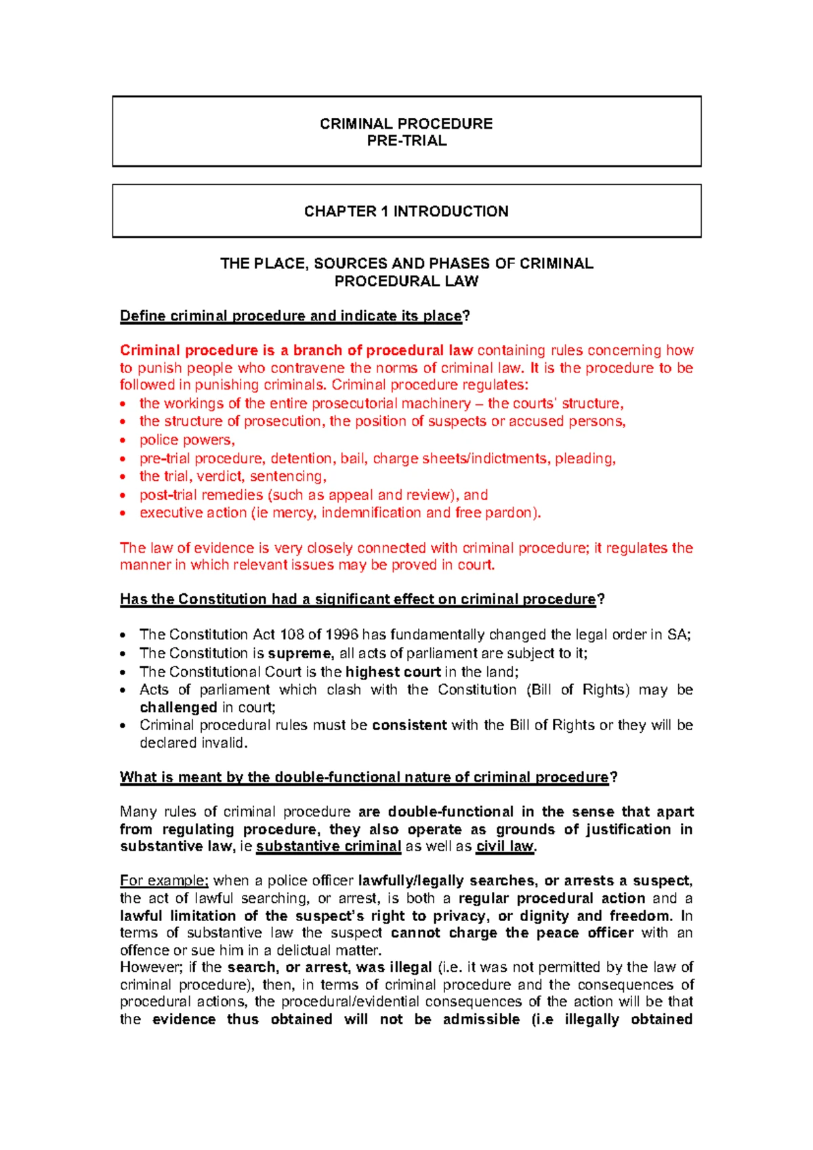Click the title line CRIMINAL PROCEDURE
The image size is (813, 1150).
(x=406, y=124)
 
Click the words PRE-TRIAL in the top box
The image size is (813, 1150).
(x=406, y=141)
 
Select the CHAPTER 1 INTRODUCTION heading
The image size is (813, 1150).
(x=406, y=211)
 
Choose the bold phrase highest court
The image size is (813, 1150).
(x=393, y=672)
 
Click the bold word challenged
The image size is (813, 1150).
(x=178, y=708)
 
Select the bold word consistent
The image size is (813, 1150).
(x=409, y=725)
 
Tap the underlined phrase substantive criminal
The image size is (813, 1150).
(x=329, y=847)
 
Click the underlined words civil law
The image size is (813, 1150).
(x=505, y=847)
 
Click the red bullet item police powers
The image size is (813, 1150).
(x=187, y=440)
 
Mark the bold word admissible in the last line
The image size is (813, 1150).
(x=481, y=1020)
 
